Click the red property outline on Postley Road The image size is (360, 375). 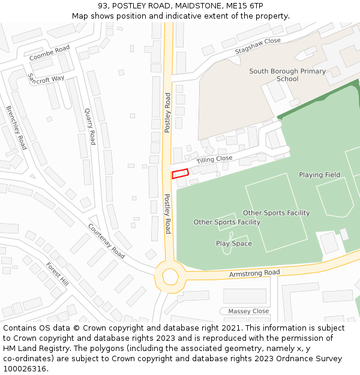(180, 174)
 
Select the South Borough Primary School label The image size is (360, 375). (287, 75)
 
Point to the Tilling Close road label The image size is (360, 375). (214, 159)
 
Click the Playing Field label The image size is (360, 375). (319, 175)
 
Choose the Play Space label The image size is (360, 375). (234, 244)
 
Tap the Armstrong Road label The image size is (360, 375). (254, 274)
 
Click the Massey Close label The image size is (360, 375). (248, 311)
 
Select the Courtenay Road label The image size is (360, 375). (106, 241)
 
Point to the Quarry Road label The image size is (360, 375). (90, 126)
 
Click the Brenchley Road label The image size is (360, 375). (16, 128)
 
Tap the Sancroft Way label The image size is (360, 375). (46, 79)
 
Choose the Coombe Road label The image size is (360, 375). (50, 53)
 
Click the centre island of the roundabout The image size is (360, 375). (170, 277)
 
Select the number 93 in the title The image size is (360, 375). (103, 5)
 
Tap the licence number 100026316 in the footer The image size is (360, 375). (25, 368)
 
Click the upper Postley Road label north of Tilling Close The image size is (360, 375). (168, 112)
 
